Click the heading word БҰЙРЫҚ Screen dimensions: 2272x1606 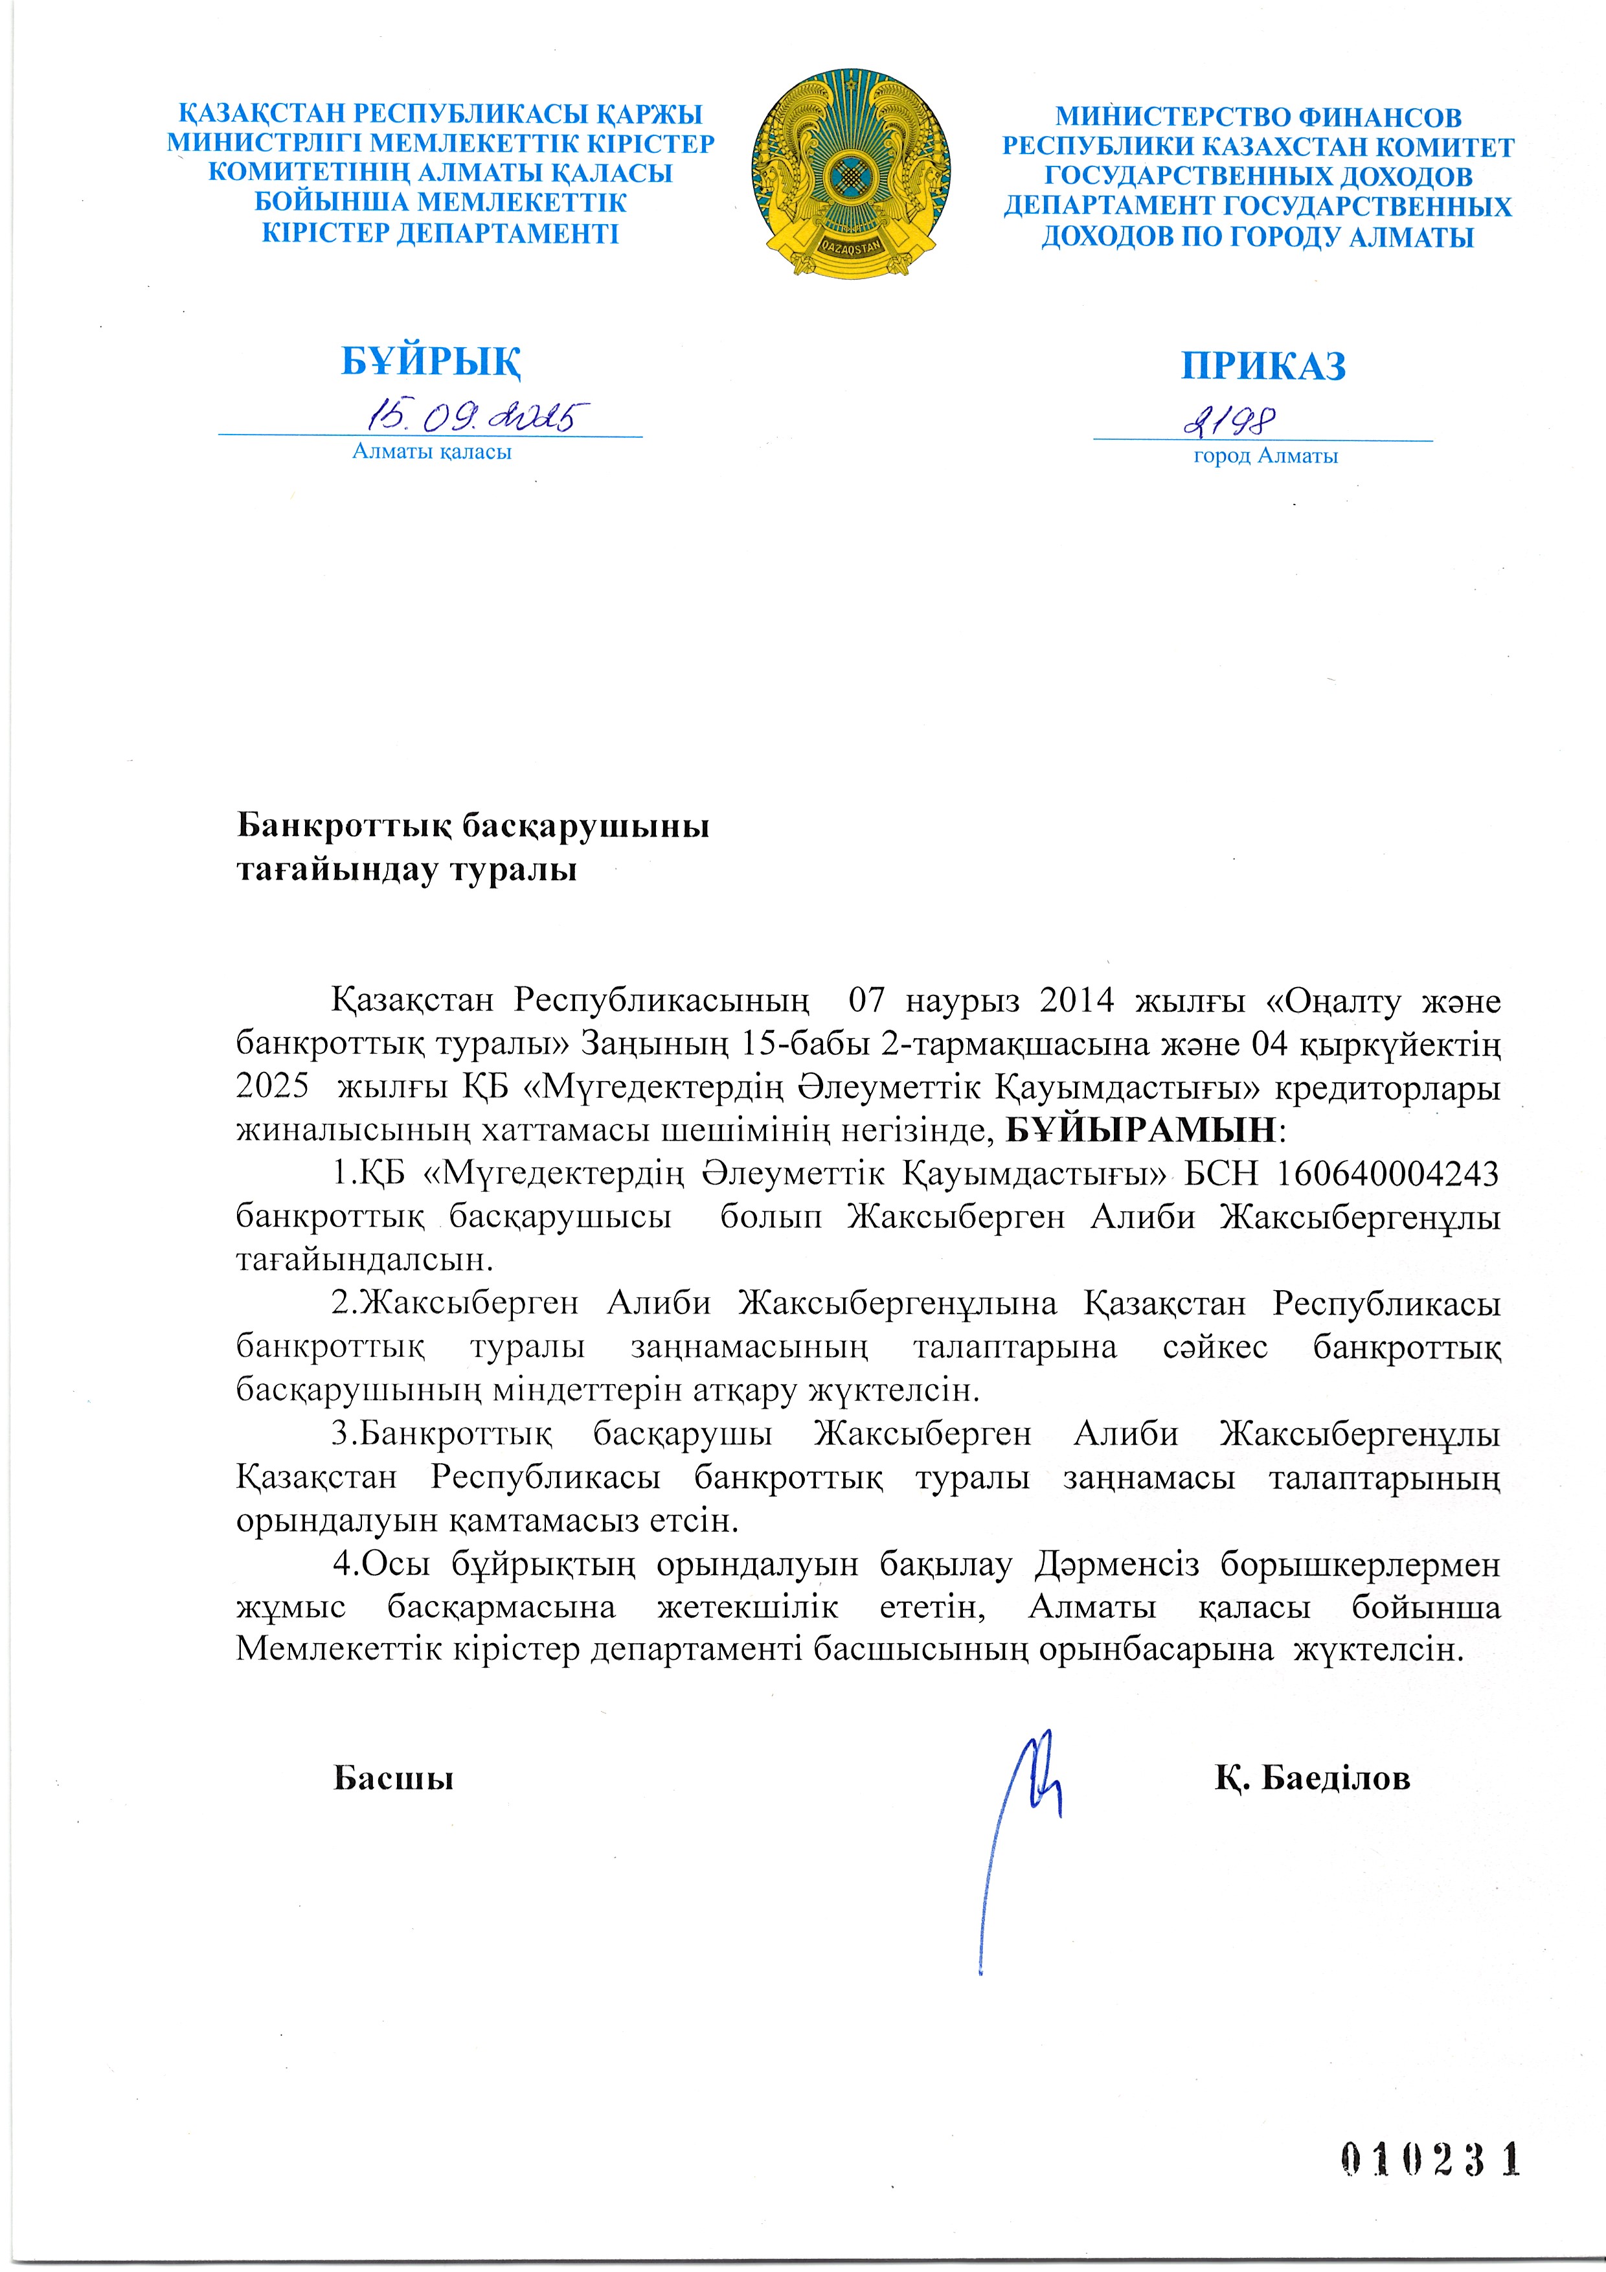(x=431, y=362)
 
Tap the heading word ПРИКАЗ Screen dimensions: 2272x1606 (x=1263, y=366)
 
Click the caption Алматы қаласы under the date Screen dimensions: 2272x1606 (x=433, y=452)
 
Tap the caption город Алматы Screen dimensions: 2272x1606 (x=1265, y=456)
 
